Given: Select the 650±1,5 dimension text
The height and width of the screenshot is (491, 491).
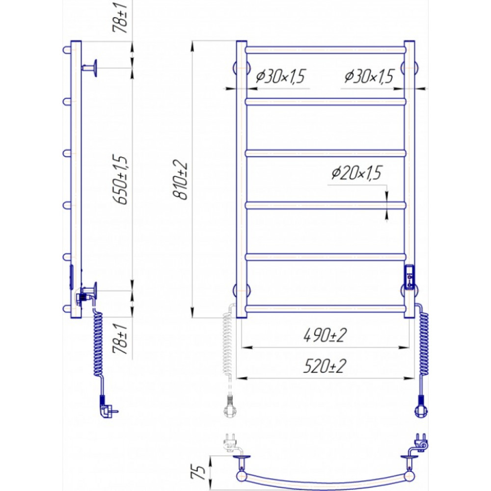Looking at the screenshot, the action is click(x=121, y=180).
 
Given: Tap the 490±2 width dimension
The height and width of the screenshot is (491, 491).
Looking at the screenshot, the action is click(x=325, y=335).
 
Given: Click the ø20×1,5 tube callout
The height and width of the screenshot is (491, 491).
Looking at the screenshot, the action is click(x=356, y=173).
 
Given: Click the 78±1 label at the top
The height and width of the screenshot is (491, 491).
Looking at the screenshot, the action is click(x=121, y=18).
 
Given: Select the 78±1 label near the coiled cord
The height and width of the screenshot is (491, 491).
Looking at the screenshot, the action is click(x=121, y=339).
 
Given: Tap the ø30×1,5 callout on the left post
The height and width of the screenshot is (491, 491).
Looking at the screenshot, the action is click(x=280, y=76).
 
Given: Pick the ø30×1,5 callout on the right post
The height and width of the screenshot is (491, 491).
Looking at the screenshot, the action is click(x=369, y=76).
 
